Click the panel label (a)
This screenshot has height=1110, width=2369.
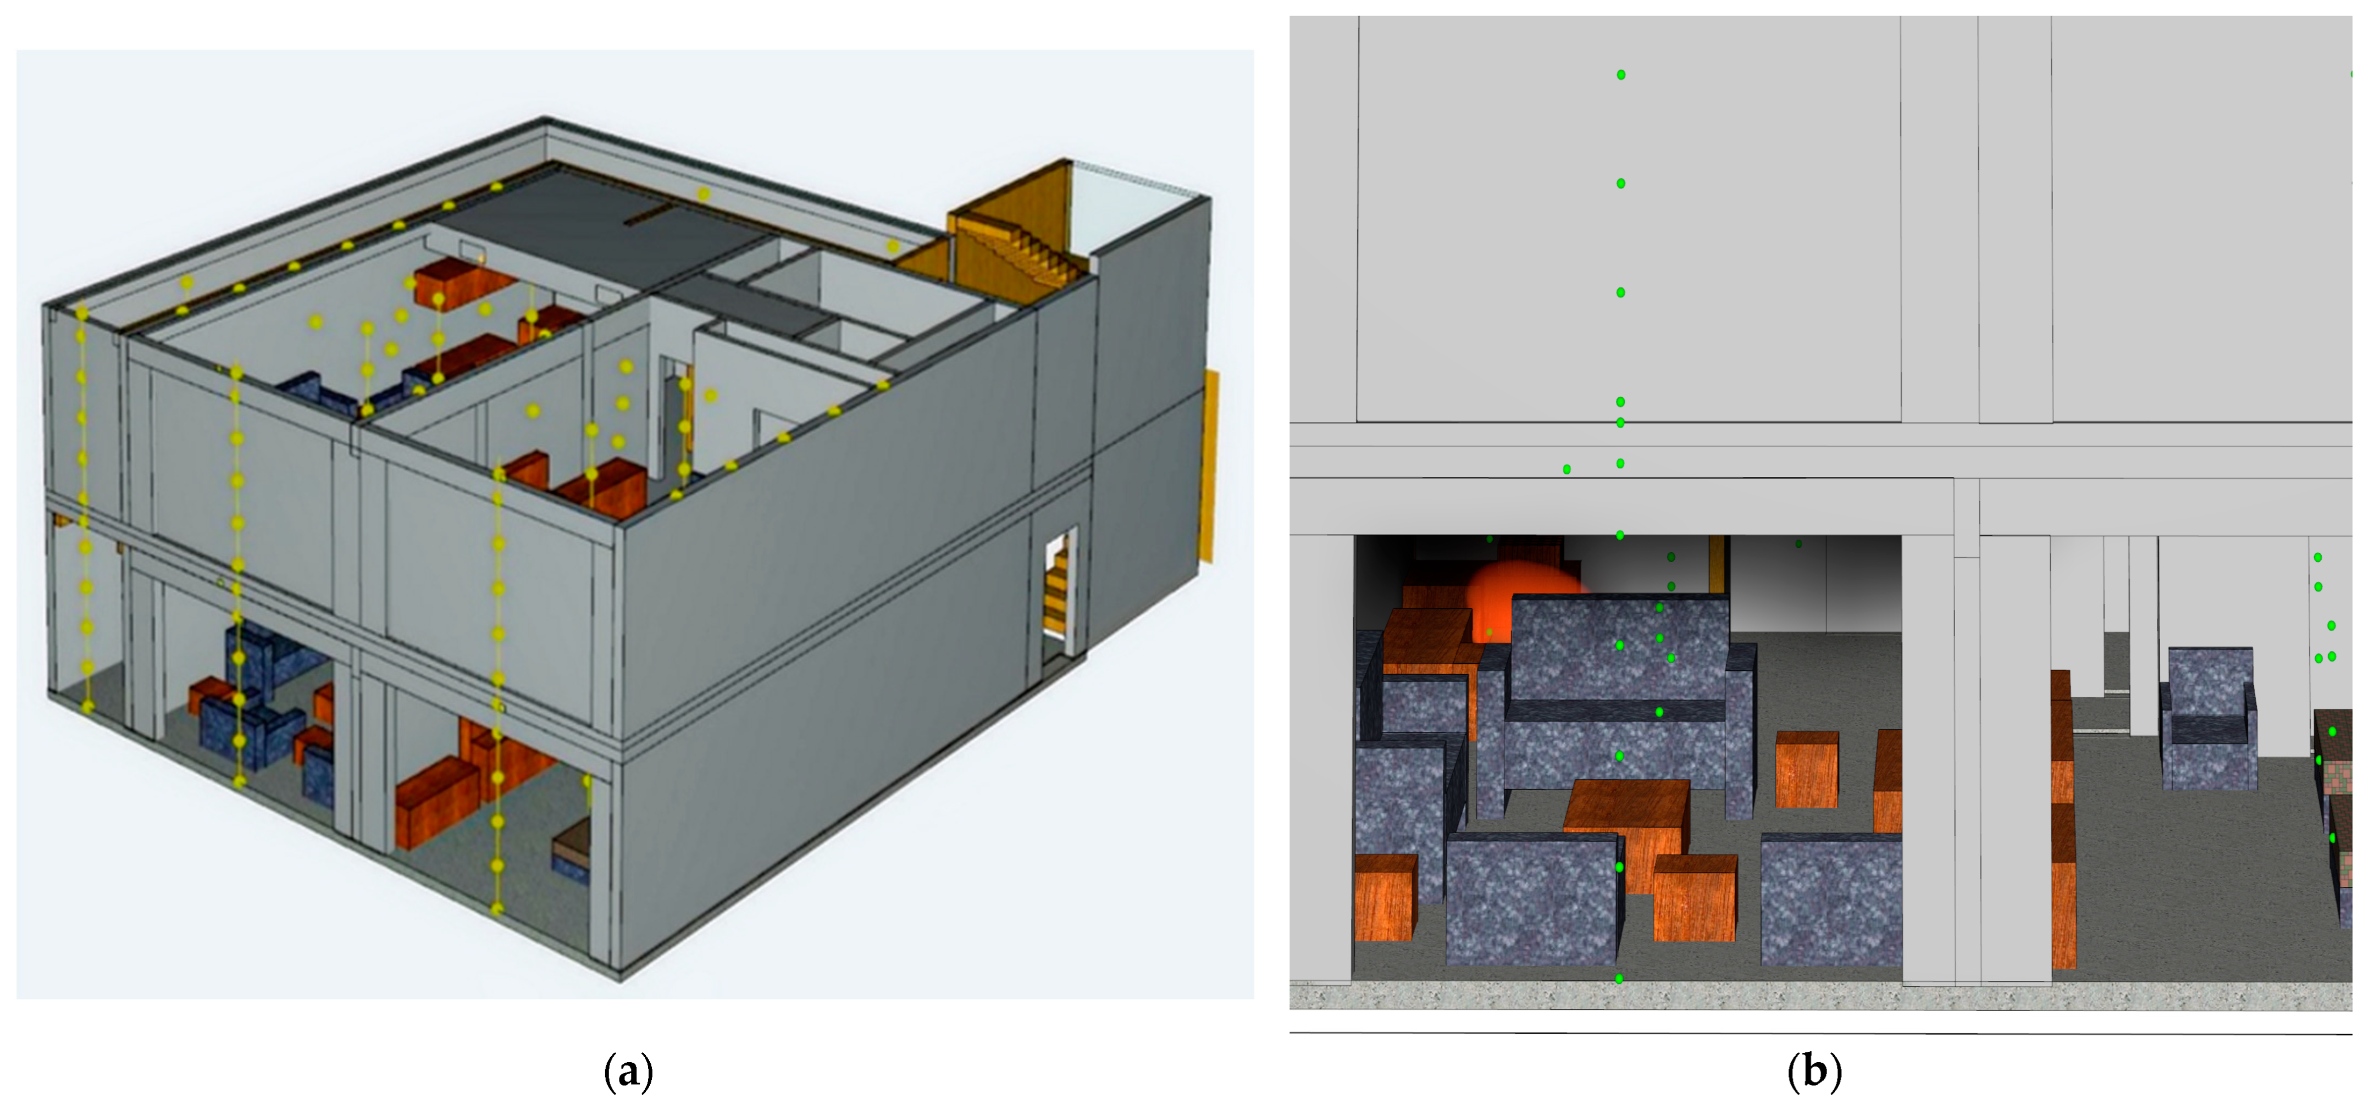[628, 1072]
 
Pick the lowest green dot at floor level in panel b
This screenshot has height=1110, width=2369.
[1619, 979]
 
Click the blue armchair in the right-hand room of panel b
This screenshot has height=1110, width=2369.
[2207, 717]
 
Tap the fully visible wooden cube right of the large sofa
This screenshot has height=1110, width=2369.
[1806, 769]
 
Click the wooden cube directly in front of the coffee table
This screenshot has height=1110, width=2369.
[1695, 897]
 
